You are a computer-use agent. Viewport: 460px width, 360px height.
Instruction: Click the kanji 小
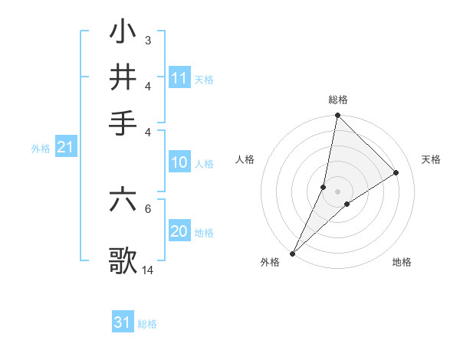[x=123, y=33]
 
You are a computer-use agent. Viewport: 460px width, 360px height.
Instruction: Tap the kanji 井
[x=123, y=77]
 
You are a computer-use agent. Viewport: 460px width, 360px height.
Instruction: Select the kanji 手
[x=123, y=121]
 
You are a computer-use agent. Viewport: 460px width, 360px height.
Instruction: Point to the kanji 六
[x=123, y=200]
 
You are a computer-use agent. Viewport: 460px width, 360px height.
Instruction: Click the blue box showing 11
[x=179, y=77]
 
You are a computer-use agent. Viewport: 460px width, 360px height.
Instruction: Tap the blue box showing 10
[x=179, y=162]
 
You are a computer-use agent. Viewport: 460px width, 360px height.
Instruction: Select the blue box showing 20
[x=179, y=232]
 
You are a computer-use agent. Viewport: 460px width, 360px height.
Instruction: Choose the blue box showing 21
[x=65, y=148]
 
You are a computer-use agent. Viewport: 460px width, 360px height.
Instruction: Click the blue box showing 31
[x=123, y=322]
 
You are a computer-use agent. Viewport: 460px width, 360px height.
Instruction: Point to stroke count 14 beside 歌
[x=148, y=270]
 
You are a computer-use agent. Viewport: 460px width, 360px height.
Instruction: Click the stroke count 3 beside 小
[x=147, y=40]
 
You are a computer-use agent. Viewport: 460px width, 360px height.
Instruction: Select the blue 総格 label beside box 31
[x=147, y=324]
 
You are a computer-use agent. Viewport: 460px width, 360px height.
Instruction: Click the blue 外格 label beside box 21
[x=40, y=149]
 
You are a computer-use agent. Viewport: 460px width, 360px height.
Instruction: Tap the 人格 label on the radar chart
[x=245, y=159]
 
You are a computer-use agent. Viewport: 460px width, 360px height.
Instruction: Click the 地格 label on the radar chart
[x=402, y=263]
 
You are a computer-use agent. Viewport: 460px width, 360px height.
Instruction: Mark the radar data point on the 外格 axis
[x=293, y=253]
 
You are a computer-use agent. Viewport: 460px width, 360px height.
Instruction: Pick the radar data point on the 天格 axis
[x=396, y=172]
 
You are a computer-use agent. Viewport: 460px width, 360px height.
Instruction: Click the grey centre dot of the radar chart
[x=337, y=191]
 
